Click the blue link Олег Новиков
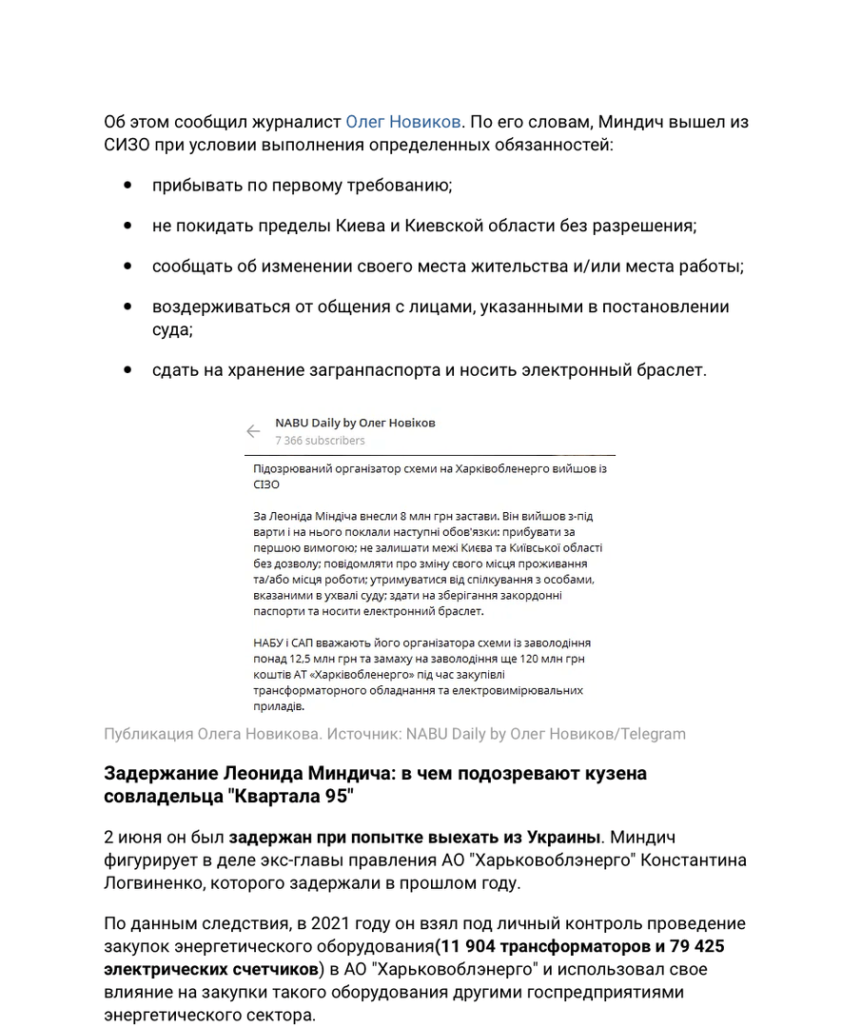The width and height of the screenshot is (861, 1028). click(403, 123)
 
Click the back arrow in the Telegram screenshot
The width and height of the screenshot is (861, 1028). click(253, 431)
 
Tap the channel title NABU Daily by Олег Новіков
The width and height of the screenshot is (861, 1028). click(355, 423)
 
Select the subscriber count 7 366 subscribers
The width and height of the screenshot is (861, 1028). click(320, 441)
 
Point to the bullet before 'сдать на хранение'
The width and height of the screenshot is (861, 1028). click(127, 370)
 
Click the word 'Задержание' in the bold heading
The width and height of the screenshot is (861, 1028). click(159, 773)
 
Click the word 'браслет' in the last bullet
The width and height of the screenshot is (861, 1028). click(672, 370)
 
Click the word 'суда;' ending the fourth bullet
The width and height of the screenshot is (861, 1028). click(172, 329)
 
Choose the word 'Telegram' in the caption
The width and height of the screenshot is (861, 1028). click(651, 734)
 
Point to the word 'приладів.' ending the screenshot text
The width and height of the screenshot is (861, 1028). click(279, 707)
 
